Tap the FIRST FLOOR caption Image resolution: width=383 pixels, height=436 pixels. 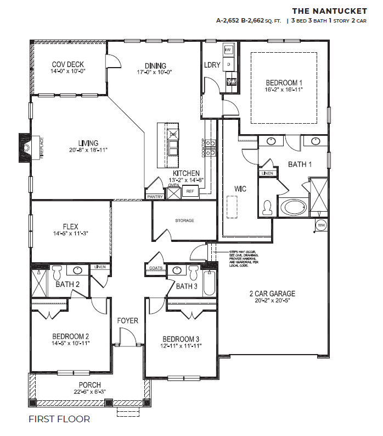59,419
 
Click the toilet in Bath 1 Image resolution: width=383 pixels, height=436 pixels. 268,207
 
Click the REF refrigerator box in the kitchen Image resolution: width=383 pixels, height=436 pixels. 190,191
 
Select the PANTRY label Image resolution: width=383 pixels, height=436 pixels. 154,196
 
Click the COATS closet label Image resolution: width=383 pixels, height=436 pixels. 154,269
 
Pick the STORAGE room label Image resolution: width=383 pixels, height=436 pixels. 184,220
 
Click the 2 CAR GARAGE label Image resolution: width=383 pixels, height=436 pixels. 272,294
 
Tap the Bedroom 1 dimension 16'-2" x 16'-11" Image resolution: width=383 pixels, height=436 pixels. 283,90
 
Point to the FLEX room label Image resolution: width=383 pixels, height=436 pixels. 70,226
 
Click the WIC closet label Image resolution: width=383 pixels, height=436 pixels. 240,189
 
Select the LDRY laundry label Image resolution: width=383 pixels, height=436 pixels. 212,65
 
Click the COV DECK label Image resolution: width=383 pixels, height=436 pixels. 67,64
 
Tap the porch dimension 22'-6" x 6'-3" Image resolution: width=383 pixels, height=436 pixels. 89,391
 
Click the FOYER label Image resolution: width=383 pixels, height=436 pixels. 127,321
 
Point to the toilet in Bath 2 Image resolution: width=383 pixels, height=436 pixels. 57,273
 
